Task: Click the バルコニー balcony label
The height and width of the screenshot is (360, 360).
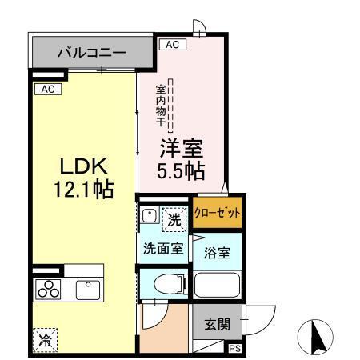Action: tap(91, 54)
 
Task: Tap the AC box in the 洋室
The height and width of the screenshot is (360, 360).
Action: tap(171, 46)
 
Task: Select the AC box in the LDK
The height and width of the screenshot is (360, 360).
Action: tap(47, 89)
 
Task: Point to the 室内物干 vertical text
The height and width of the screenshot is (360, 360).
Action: tap(161, 105)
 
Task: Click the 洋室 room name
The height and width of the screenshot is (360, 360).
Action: tap(183, 150)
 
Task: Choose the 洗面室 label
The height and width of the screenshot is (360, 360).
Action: tap(163, 248)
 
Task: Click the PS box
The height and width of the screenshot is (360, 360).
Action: tap(234, 349)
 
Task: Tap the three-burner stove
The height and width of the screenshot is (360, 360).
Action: tap(47, 289)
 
